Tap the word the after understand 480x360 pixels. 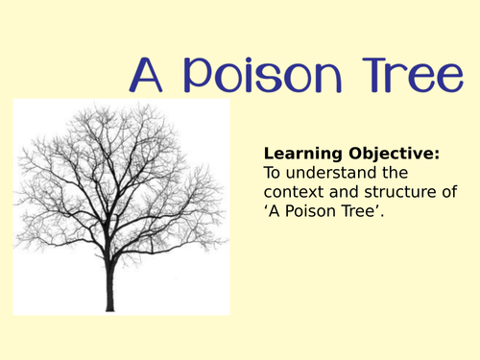[395, 173]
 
